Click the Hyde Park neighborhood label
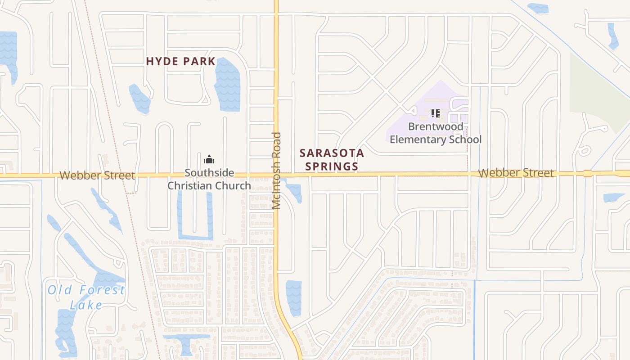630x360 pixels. [181, 62]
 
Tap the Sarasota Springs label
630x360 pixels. [332, 160]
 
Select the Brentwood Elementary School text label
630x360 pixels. [436, 133]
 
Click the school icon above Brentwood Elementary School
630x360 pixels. [435, 113]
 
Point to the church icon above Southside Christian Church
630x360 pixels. [209, 159]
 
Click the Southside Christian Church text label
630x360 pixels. [209, 179]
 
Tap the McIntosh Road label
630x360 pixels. [277, 171]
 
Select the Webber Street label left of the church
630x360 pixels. [97, 175]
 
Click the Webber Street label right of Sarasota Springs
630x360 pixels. [516, 173]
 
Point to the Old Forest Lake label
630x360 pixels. [86, 297]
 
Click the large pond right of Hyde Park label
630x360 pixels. [227, 84]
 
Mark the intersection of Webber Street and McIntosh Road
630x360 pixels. [276, 174]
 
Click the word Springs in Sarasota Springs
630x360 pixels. [332, 166]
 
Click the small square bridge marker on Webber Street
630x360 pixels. [587, 173]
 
